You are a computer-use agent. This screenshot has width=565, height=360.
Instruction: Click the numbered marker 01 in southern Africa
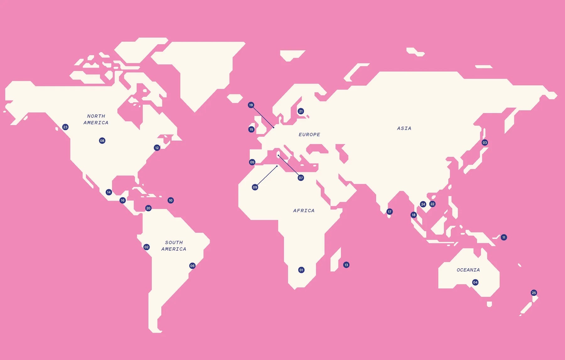click(x=301, y=270)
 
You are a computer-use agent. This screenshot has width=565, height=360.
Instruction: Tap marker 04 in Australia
click(x=475, y=282)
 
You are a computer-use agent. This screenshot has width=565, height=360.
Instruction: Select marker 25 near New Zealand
click(x=534, y=293)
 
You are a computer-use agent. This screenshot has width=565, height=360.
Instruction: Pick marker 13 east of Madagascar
click(x=346, y=265)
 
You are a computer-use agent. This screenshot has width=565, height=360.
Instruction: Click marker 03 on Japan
click(x=485, y=143)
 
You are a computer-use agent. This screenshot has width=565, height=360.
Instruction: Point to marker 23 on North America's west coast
click(x=65, y=127)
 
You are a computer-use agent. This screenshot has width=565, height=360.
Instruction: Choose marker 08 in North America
click(x=102, y=141)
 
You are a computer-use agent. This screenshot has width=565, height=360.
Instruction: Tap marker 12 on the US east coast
click(x=157, y=148)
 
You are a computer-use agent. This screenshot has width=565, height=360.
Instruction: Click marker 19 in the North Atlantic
click(x=251, y=105)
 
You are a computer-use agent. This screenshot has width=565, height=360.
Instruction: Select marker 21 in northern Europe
click(x=301, y=111)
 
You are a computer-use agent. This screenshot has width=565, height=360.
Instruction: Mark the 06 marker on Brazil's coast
click(x=192, y=266)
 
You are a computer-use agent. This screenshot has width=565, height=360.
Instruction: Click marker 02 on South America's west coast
click(x=147, y=247)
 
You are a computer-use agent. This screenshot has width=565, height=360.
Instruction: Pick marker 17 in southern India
click(x=390, y=212)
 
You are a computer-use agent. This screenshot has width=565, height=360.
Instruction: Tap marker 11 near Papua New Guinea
click(x=504, y=237)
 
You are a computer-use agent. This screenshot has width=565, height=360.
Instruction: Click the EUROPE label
click(x=309, y=134)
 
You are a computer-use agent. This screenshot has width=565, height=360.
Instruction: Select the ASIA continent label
click(x=404, y=128)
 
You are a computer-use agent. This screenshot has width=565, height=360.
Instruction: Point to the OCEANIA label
click(x=468, y=270)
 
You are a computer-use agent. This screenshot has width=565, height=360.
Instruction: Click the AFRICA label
click(x=304, y=210)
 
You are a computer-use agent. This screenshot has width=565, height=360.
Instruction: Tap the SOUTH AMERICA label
click(x=174, y=246)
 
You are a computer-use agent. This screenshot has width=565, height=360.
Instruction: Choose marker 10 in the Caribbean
click(x=171, y=200)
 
